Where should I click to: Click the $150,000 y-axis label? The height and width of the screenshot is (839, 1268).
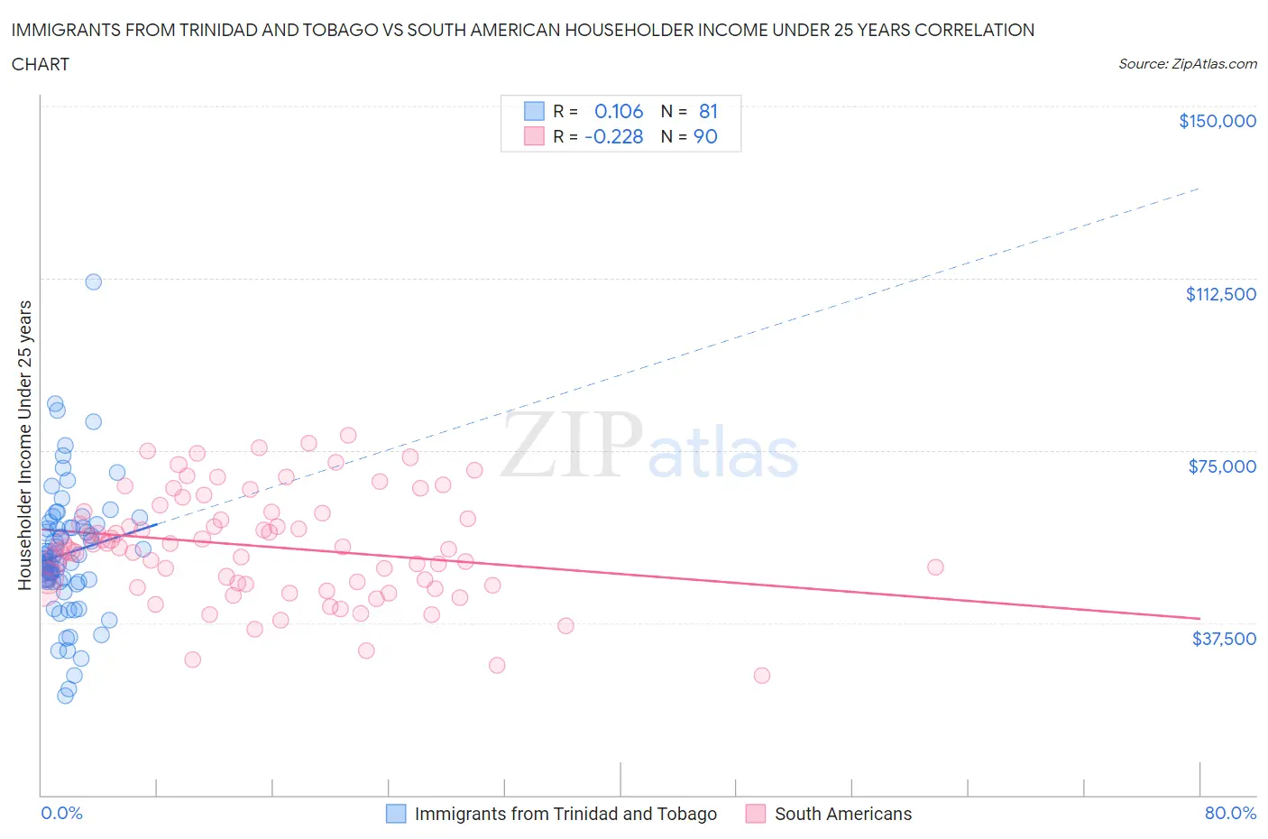(x=1217, y=121)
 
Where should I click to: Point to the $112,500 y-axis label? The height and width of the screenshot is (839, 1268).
(x=1220, y=294)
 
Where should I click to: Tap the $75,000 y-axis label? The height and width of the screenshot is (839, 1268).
(x=1222, y=466)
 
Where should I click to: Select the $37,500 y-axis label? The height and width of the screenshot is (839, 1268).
(x=1223, y=639)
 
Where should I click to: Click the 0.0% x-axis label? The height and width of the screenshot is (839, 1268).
(x=61, y=813)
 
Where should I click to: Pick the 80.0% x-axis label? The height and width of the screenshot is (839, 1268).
(x=1230, y=813)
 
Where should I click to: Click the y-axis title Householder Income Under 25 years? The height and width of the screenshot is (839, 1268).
(x=24, y=445)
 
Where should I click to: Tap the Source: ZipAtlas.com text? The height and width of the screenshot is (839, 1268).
(x=1187, y=64)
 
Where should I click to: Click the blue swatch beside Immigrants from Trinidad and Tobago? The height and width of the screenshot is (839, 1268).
(x=396, y=814)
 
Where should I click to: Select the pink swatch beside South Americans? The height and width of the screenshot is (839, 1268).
(x=756, y=814)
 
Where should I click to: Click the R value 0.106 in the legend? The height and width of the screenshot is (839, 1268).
(x=619, y=111)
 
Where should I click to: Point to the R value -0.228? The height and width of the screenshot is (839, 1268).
(x=614, y=136)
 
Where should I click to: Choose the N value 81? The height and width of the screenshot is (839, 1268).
(x=708, y=111)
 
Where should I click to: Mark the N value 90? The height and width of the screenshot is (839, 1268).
(x=705, y=136)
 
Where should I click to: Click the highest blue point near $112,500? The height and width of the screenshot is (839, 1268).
(x=93, y=281)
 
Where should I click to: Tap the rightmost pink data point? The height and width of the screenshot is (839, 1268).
(x=935, y=567)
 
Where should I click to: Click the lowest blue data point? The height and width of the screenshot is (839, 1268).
(x=65, y=696)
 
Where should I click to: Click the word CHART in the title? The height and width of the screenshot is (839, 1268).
(x=41, y=64)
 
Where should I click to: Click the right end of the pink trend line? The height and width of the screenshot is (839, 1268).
(x=1199, y=618)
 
